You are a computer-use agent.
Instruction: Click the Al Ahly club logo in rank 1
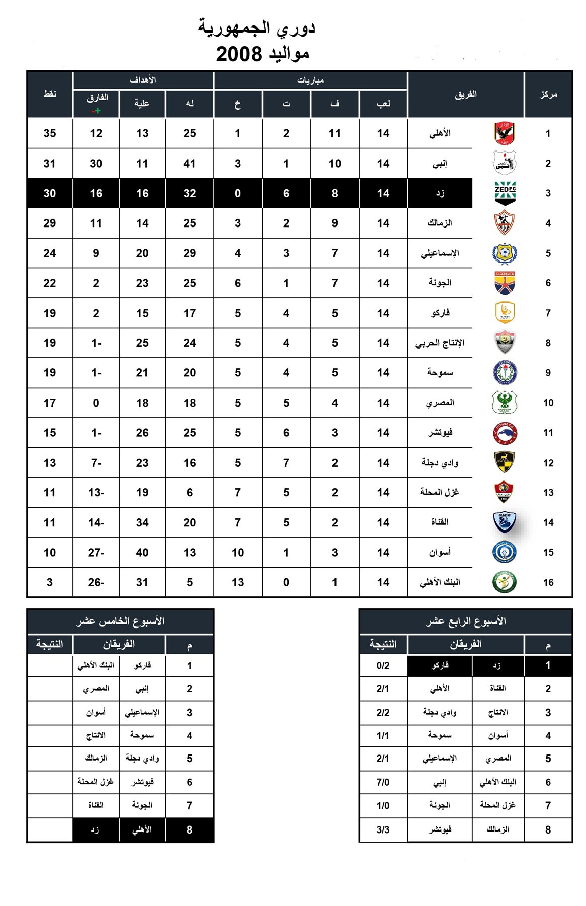click(504, 133)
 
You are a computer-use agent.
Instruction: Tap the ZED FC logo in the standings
click(505, 193)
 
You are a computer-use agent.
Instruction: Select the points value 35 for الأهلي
click(50, 133)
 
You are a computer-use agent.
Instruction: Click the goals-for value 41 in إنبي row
click(190, 164)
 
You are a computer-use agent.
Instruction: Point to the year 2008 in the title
click(239, 54)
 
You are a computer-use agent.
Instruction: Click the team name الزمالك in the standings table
click(440, 223)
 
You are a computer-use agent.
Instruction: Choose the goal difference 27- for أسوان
click(96, 553)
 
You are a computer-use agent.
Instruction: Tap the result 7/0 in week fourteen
click(383, 782)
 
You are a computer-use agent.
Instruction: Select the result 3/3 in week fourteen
click(383, 830)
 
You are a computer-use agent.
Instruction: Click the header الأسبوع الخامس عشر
click(121, 621)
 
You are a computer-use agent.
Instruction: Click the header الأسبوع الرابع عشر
click(466, 621)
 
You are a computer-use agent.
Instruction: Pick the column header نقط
click(50, 94)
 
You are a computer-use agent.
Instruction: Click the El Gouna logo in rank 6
click(505, 283)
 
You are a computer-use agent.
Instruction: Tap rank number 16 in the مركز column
click(548, 582)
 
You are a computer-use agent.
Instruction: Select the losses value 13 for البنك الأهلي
click(238, 582)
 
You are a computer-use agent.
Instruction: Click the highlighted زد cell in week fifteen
click(95, 830)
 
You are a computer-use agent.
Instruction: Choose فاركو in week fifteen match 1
click(142, 665)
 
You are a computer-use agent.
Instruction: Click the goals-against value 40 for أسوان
click(142, 553)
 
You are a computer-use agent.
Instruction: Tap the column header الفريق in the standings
click(466, 94)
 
